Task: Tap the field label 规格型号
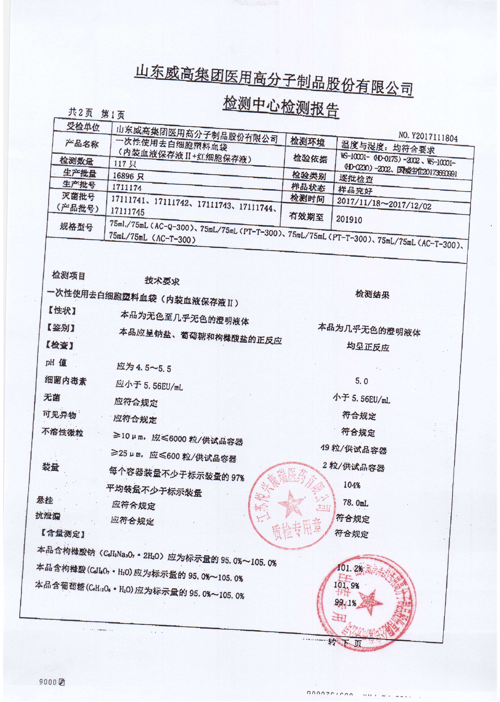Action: [x=76, y=228]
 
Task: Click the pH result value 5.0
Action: [x=361, y=381]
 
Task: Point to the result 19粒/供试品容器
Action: [x=354, y=450]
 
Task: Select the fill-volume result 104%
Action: [x=352, y=485]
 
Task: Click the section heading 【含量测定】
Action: [x=62, y=534]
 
